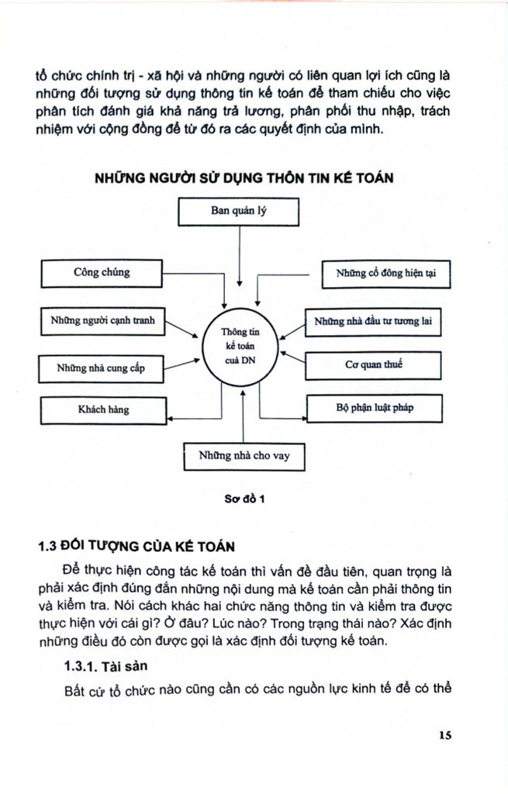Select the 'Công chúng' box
pos(101,273)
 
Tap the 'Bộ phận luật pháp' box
pos(373,406)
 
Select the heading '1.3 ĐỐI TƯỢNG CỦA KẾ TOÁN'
pos(135,544)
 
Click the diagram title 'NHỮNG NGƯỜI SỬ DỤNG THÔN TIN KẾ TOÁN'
pos(244,178)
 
